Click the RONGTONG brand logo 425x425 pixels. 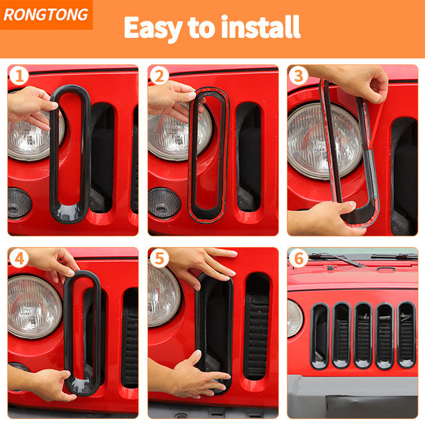tap(46, 15)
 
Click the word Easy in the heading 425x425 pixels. tap(153, 28)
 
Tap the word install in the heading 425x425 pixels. tap(261, 27)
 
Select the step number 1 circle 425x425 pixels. tap(19, 76)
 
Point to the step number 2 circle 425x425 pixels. tap(159, 76)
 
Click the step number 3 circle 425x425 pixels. tap(298, 76)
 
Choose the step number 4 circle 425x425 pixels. tap(19, 258)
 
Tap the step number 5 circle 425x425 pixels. tap(159, 258)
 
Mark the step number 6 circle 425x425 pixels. tap(298, 258)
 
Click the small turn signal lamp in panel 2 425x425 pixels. tap(164, 203)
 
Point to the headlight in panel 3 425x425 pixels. tap(325, 141)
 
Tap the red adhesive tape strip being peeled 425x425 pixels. tap(377, 126)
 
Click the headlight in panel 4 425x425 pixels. tap(35, 307)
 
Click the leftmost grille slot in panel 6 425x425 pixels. tap(320, 336)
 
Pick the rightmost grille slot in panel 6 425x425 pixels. tap(406, 335)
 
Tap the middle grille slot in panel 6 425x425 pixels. tap(363, 335)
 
